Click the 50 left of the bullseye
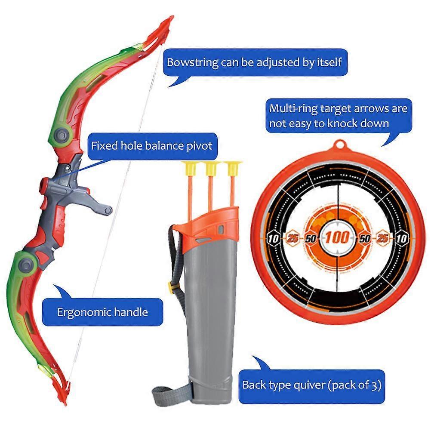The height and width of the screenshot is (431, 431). click(311, 238)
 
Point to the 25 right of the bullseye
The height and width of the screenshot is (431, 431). click(382, 238)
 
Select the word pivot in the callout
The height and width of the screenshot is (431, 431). click(199, 145)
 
